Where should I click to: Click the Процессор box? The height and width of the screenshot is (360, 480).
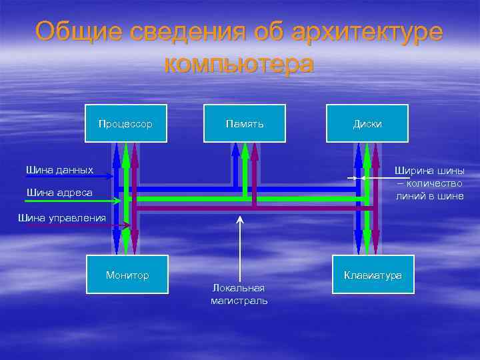pos(125,123)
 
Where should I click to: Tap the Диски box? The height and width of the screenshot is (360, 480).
pos(367,123)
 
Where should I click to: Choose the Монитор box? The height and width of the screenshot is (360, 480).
pos(127,275)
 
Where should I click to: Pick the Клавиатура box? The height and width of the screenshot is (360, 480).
pos(373,275)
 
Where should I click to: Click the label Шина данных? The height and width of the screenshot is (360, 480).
pos(59,170)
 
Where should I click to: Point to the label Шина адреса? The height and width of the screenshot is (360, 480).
pos(59,193)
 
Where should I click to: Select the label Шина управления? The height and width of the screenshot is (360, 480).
pos(62,217)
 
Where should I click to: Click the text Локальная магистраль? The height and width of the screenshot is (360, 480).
pos(239,294)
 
